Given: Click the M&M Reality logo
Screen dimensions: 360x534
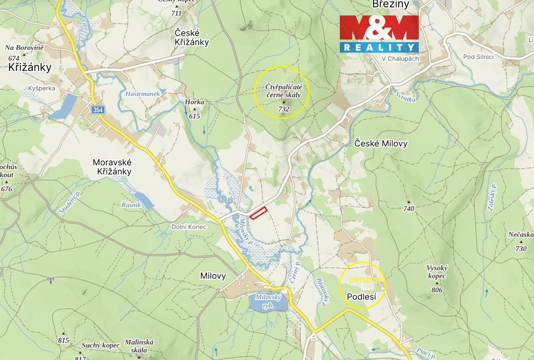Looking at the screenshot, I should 379,34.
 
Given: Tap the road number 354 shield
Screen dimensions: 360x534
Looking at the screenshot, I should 98,110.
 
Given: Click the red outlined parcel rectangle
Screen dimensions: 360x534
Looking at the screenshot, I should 258,212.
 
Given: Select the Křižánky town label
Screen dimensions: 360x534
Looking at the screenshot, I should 30,68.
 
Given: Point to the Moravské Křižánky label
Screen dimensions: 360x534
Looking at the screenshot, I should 112,166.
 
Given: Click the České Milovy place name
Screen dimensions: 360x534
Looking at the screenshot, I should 381,144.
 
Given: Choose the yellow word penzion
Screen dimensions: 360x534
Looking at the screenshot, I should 367,280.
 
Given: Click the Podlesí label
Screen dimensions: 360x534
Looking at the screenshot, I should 362,297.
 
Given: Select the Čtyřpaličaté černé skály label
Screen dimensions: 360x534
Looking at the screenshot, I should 281,91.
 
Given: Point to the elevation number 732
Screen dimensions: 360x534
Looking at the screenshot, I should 284,109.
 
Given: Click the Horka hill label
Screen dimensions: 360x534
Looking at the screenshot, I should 195,102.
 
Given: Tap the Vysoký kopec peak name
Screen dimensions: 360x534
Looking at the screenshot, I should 436,272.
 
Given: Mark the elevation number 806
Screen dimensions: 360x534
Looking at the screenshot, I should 437,290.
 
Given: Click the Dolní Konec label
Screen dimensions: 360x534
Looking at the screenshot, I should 189,227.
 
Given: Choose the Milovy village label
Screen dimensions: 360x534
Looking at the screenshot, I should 213,276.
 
